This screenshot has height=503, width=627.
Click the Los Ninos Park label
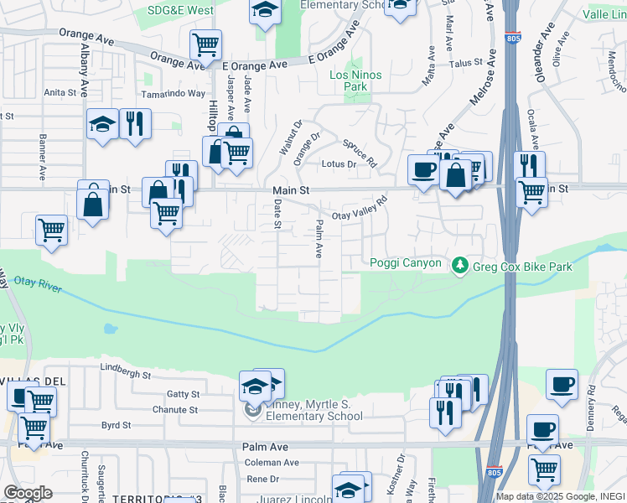tap(355, 80)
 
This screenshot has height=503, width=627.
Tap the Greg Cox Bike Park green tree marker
tap(459, 266)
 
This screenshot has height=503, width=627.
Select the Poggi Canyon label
tap(406, 263)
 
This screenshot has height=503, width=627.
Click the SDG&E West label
tap(180, 11)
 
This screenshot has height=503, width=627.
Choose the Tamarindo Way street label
tap(173, 94)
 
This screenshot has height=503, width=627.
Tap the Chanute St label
tap(174, 410)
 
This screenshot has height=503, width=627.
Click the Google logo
tap(28, 493)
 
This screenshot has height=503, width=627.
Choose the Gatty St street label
tap(183, 394)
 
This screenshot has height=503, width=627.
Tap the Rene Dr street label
tap(262, 479)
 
